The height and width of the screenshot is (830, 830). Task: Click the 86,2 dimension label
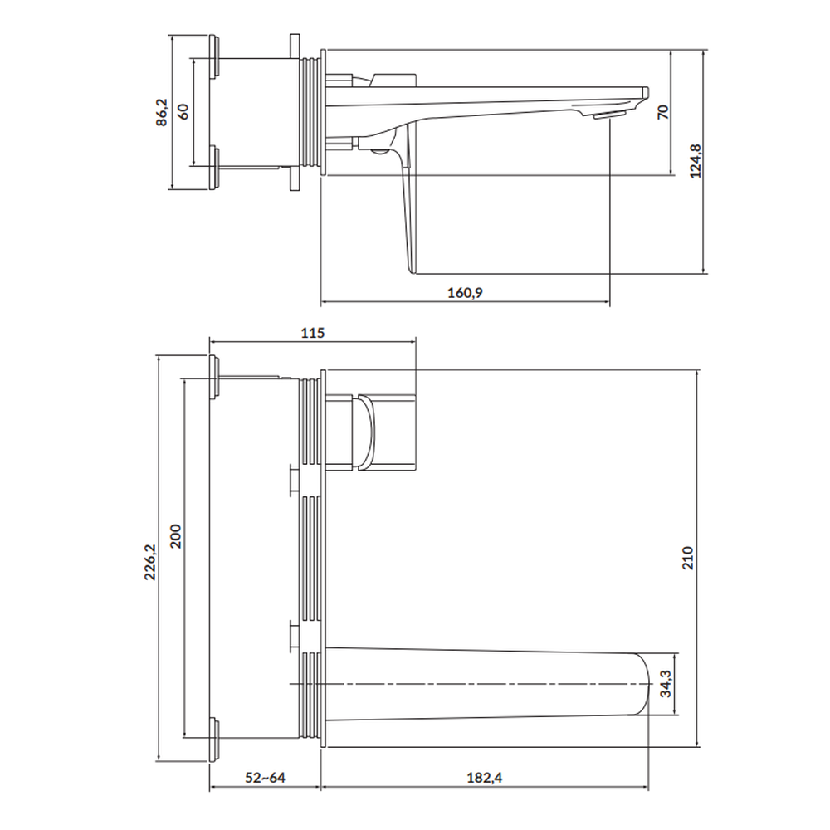[x=162, y=112]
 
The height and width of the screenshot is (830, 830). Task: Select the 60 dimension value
[x=183, y=112]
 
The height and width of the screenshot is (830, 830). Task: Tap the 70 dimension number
[x=662, y=112]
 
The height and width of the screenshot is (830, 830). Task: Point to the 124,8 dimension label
[x=695, y=161]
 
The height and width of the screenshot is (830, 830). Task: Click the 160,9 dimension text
[x=466, y=293]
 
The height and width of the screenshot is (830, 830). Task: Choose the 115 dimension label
[x=312, y=333]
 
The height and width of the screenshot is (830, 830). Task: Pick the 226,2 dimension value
[x=150, y=562]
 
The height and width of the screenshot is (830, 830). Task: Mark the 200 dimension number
[x=176, y=536]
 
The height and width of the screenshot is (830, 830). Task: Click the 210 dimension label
[x=687, y=558]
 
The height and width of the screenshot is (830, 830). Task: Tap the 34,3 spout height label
[x=666, y=683]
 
